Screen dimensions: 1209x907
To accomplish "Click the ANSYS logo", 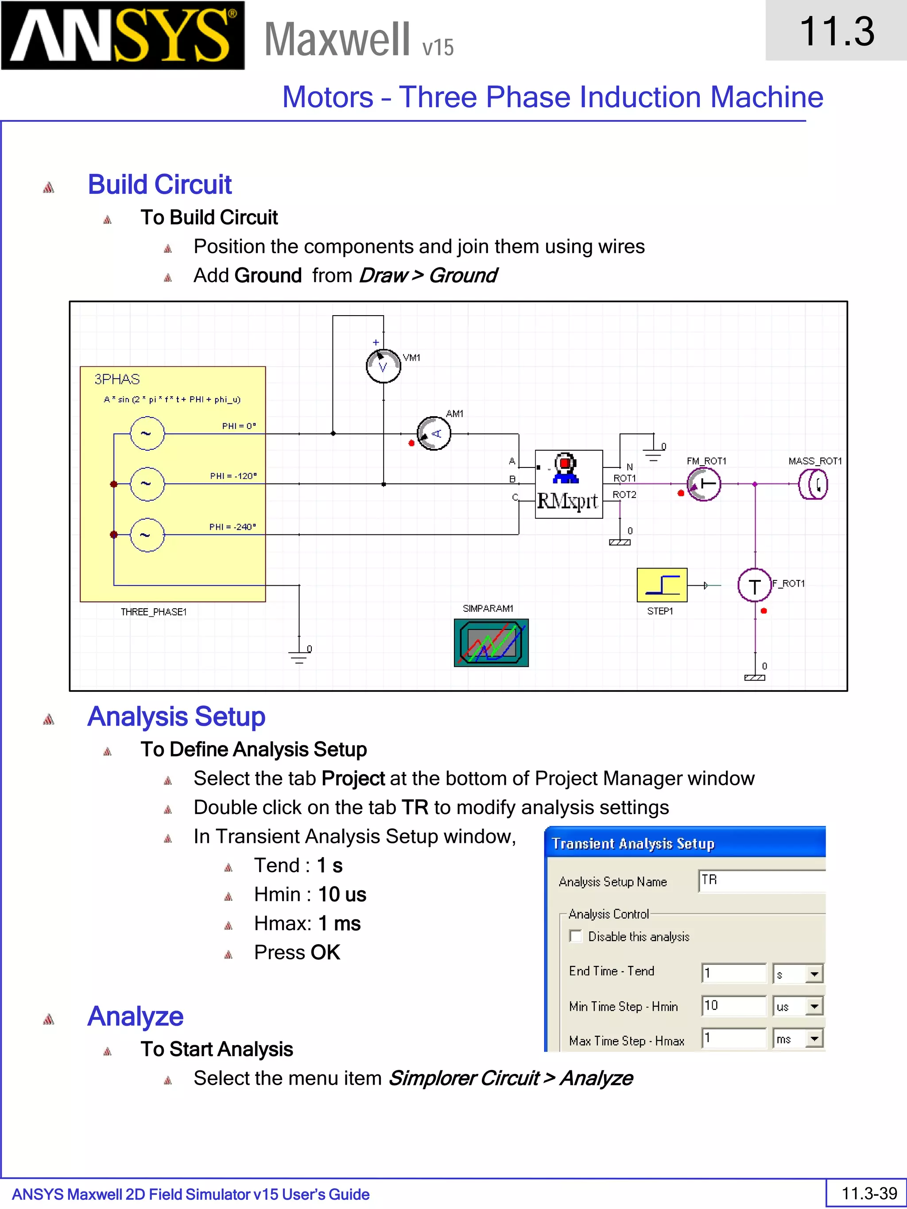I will (x=123, y=35).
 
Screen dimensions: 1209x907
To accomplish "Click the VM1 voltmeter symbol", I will (x=383, y=366).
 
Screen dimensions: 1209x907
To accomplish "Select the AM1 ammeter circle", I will (x=434, y=433).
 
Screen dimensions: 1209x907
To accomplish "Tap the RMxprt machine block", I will (x=569, y=485).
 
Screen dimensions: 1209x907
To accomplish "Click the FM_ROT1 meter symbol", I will (x=704, y=484).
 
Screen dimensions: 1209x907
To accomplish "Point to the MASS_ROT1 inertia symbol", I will (x=814, y=484).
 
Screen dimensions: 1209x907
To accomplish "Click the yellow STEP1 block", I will (x=662, y=585).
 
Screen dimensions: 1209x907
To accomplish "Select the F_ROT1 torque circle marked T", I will (x=755, y=585).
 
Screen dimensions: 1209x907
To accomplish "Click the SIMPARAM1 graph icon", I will (x=491, y=643).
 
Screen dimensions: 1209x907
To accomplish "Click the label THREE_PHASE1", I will (x=154, y=612).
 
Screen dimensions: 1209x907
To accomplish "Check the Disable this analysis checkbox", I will (x=576, y=936).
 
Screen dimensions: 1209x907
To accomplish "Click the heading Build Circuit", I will (x=159, y=185).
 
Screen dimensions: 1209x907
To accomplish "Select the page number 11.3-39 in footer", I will (x=869, y=1193).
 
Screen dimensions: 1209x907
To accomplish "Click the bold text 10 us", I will (x=342, y=895).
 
